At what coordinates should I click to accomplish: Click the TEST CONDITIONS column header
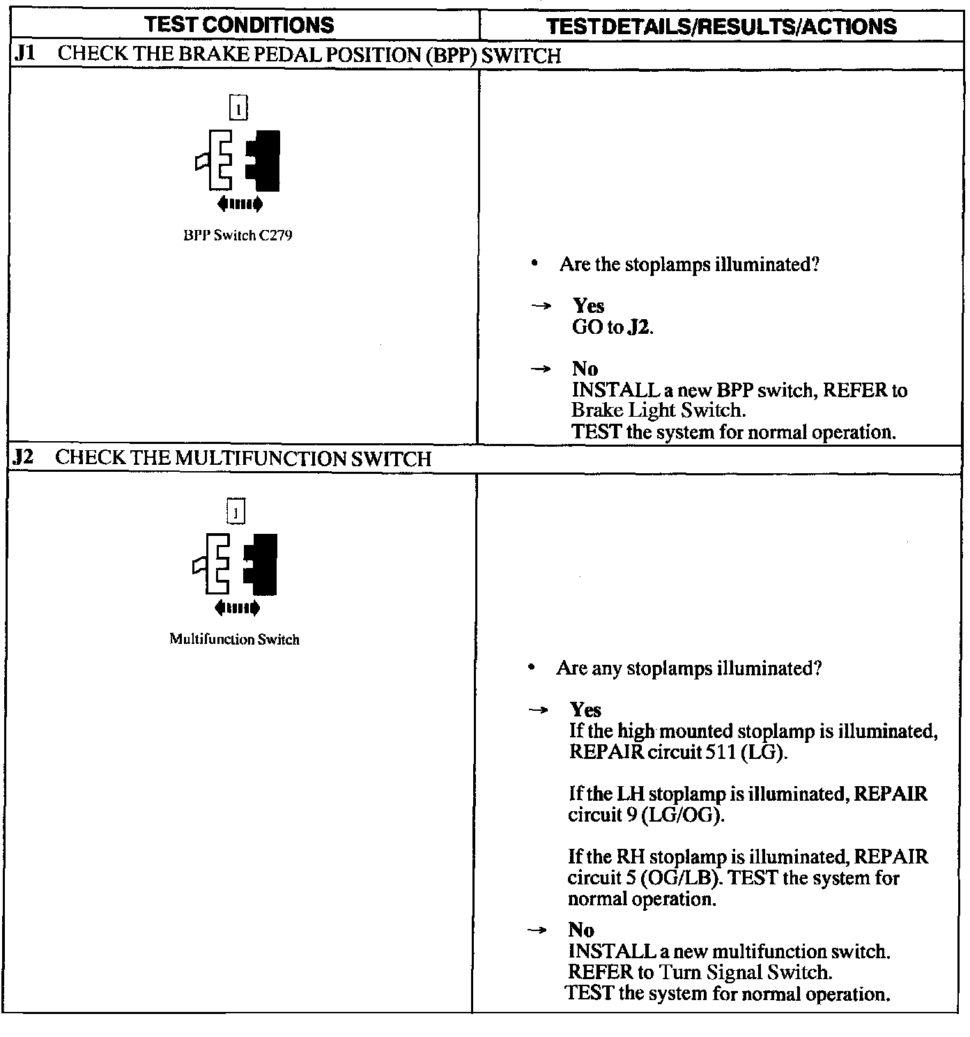240,25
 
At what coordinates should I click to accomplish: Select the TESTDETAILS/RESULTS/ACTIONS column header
721,26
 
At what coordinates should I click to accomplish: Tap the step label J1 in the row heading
25,54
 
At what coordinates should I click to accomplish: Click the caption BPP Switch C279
238,236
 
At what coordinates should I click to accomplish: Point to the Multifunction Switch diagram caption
234,639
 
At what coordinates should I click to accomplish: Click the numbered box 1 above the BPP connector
238,108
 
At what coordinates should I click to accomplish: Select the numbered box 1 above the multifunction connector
236,513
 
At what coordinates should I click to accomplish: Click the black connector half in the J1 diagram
265,160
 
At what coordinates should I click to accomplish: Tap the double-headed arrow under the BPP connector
240,203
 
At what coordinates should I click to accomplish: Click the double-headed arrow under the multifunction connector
237,608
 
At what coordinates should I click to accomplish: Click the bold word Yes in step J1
588,306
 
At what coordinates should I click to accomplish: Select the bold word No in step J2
581,930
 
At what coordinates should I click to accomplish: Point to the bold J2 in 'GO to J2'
640,327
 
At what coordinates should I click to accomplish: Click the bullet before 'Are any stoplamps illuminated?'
532,668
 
